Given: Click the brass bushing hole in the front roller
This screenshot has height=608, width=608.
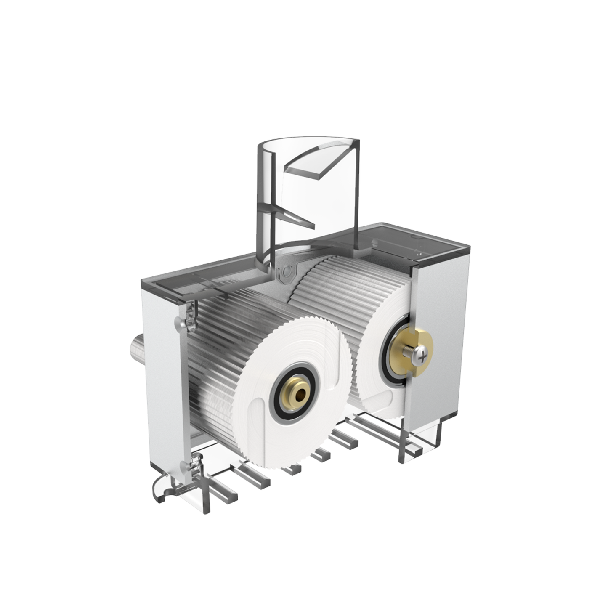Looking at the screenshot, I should pos(300,395).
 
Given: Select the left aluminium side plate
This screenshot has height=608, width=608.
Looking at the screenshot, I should pos(162,379).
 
